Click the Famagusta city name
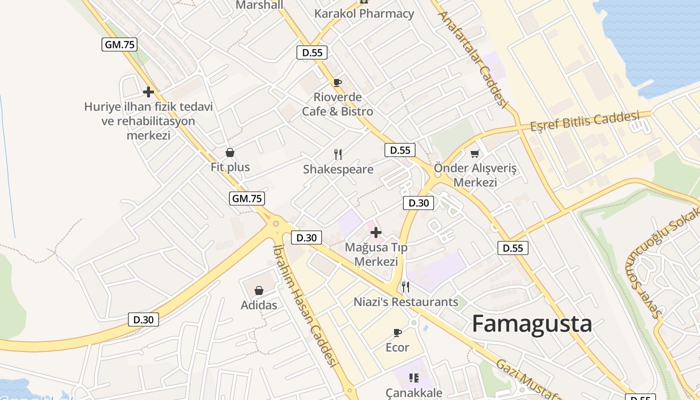(x=532, y=324)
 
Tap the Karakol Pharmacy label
(x=364, y=13)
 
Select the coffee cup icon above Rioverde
(x=337, y=82)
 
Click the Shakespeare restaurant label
(x=338, y=169)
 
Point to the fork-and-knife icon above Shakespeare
(x=338, y=154)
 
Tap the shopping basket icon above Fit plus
(x=230, y=152)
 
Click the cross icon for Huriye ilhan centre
(x=148, y=92)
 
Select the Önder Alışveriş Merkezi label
(x=475, y=175)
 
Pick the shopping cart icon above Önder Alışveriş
(x=474, y=153)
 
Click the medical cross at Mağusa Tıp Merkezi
(x=376, y=232)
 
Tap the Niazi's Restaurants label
(x=405, y=302)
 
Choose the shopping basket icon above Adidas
(x=259, y=290)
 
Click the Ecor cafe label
(x=397, y=347)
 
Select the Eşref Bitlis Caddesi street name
(x=585, y=120)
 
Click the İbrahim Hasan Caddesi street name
(x=303, y=305)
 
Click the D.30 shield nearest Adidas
(x=143, y=319)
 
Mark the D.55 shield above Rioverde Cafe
(x=312, y=52)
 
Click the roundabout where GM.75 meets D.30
(x=275, y=223)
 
